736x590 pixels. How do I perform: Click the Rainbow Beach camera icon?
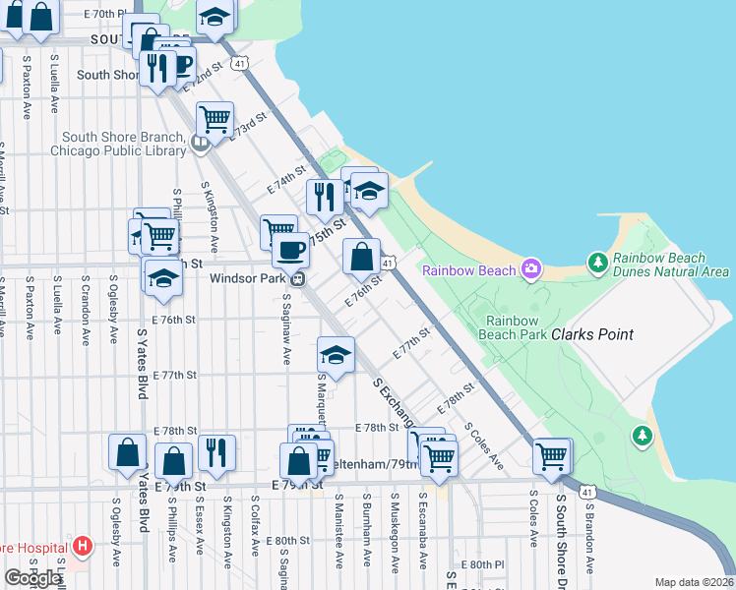(531, 268)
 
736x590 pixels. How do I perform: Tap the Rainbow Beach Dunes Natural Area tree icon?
(597, 263)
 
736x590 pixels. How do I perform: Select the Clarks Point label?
(591, 334)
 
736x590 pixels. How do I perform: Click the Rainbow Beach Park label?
(513, 326)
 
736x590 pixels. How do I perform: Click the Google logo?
(32, 578)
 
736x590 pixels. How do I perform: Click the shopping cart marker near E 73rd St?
(215, 120)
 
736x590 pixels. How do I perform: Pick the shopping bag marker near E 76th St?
(362, 257)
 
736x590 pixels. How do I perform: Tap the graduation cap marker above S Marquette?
(336, 355)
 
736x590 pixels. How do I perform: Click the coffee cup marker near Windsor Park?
(290, 250)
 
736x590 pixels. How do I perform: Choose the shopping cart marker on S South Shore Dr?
(552, 456)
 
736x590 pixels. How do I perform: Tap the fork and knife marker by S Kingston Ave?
(215, 453)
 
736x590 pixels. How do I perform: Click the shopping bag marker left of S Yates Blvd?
(127, 453)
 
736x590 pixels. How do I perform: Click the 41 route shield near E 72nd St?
(240, 62)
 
